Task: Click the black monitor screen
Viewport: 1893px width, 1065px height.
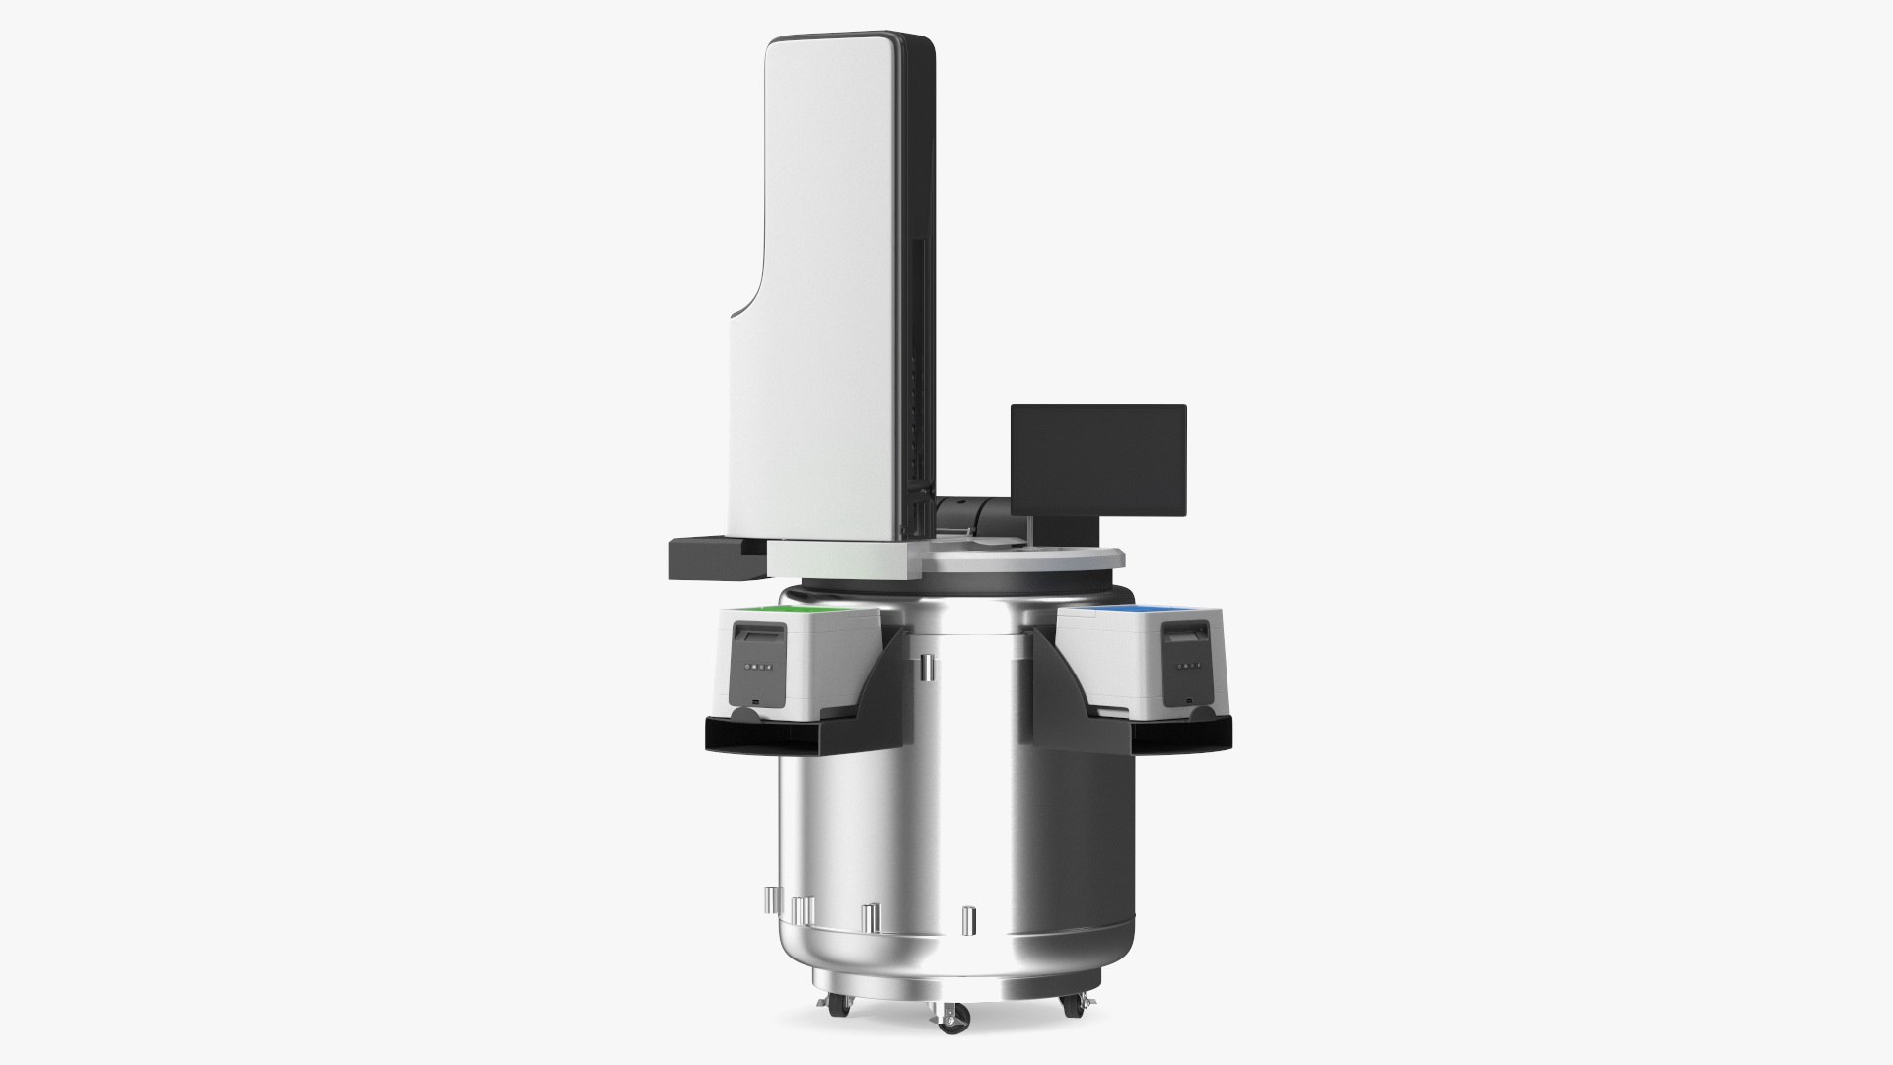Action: point(1098,460)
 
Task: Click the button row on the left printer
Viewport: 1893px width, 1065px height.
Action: point(757,667)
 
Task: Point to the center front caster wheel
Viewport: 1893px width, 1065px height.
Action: point(949,1018)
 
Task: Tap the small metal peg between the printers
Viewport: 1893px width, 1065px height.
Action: point(927,670)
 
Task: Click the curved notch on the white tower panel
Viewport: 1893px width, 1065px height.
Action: point(749,296)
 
